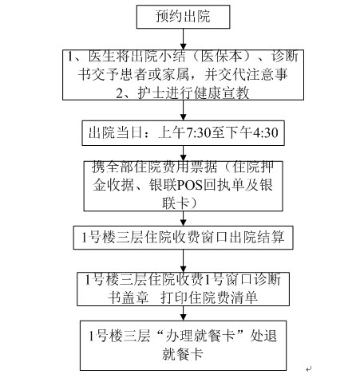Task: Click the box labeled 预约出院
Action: tap(183, 17)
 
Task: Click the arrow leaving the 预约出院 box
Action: tap(183, 39)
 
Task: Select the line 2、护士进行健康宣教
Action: tap(183, 93)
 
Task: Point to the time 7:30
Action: tap(199, 132)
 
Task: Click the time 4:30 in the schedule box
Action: tap(265, 132)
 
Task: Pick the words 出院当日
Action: tap(116, 132)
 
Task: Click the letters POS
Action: tap(189, 185)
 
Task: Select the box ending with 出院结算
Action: tap(183, 238)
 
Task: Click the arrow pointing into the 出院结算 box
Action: tap(183, 218)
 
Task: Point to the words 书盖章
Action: tap(129, 297)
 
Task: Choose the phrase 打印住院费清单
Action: tap(209, 297)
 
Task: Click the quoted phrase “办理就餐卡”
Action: tap(201, 336)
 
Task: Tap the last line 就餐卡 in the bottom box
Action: tap(183, 354)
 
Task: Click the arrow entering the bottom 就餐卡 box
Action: tap(183, 313)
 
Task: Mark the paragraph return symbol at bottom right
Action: tap(308, 368)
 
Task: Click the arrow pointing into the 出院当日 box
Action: tap(183, 110)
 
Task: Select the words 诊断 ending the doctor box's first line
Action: tap(285, 57)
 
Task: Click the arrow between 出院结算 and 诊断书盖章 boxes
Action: tap(183, 261)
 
